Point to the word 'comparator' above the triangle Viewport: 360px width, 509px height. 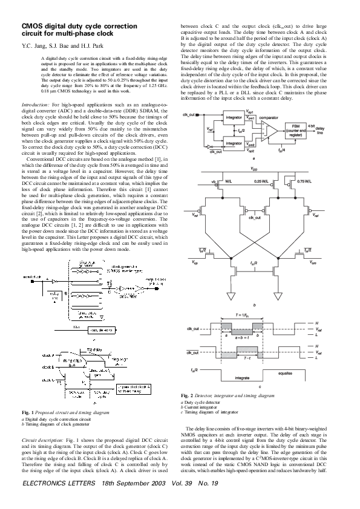(269, 117)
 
